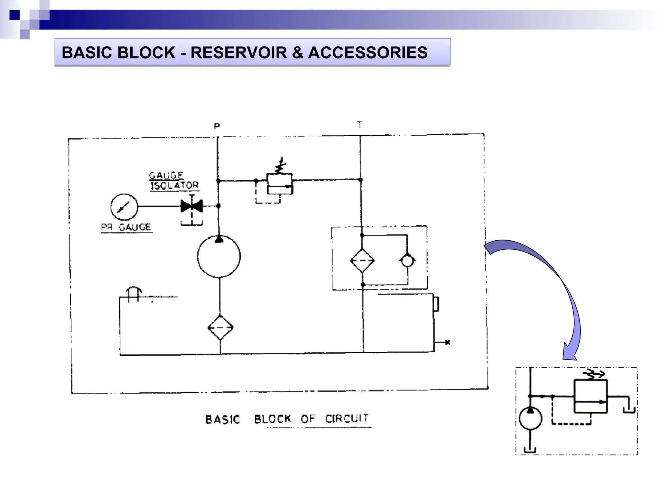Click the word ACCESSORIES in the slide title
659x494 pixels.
(x=367, y=53)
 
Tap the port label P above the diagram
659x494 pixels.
(x=217, y=126)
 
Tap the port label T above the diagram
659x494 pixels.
(x=359, y=124)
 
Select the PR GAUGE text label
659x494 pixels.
(x=126, y=227)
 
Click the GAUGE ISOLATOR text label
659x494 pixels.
(x=174, y=181)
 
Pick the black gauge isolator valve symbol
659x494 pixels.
(x=192, y=206)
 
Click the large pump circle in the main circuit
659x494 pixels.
(x=219, y=256)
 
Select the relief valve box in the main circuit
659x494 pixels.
(x=279, y=184)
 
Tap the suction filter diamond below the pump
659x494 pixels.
(x=220, y=328)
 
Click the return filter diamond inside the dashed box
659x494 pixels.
(x=362, y=261)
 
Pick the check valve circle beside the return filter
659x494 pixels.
(x=407, y=261)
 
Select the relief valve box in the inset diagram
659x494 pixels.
(x=590, y=396)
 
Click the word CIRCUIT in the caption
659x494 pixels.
(x=347, y=419)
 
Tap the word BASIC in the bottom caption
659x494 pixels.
(x=223, y=420)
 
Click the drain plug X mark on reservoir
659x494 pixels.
(x=447, y=342)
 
